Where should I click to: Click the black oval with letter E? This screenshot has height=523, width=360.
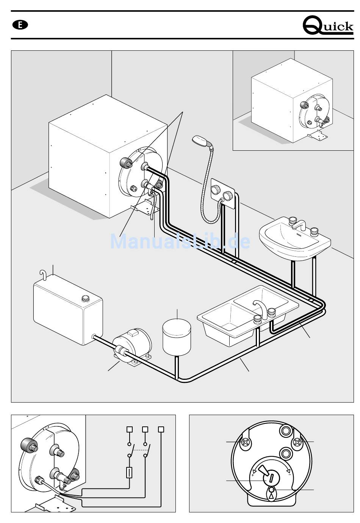coord(20,25)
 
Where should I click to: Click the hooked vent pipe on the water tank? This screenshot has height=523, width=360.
coord(43,275)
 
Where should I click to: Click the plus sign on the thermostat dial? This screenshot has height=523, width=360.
coord(253,475)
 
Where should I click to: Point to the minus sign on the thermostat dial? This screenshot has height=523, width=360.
coord(290,475)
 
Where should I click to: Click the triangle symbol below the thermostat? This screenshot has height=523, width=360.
coord(271,496)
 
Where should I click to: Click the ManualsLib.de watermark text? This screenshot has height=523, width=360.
coord(180,241)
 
